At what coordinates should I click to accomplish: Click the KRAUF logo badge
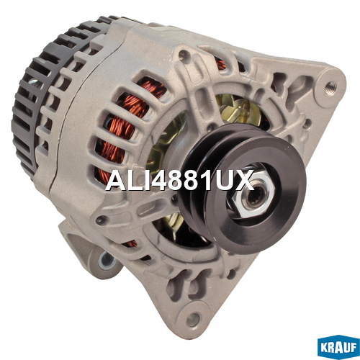point(338,347)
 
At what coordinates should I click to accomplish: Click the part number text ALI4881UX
point(179,181)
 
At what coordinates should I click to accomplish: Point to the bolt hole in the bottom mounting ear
point(193,320)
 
